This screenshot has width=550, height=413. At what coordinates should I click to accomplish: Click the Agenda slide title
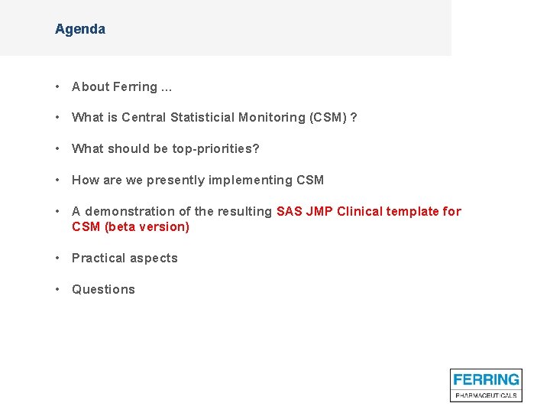[80, 29]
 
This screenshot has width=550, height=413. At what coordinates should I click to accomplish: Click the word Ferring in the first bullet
[136, 87]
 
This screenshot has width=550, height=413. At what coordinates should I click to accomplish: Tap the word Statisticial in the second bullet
[202, 118]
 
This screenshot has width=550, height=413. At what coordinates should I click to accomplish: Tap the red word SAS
[290, 211]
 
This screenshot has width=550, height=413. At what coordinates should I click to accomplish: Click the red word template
[413, 211]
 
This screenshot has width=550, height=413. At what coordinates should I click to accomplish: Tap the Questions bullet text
[103, 290]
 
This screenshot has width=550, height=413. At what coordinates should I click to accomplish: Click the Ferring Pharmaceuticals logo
[486, 385]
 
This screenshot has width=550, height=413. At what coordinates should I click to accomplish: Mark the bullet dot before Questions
[58, 290]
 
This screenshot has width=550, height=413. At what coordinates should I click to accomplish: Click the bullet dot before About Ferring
[58, 87]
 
